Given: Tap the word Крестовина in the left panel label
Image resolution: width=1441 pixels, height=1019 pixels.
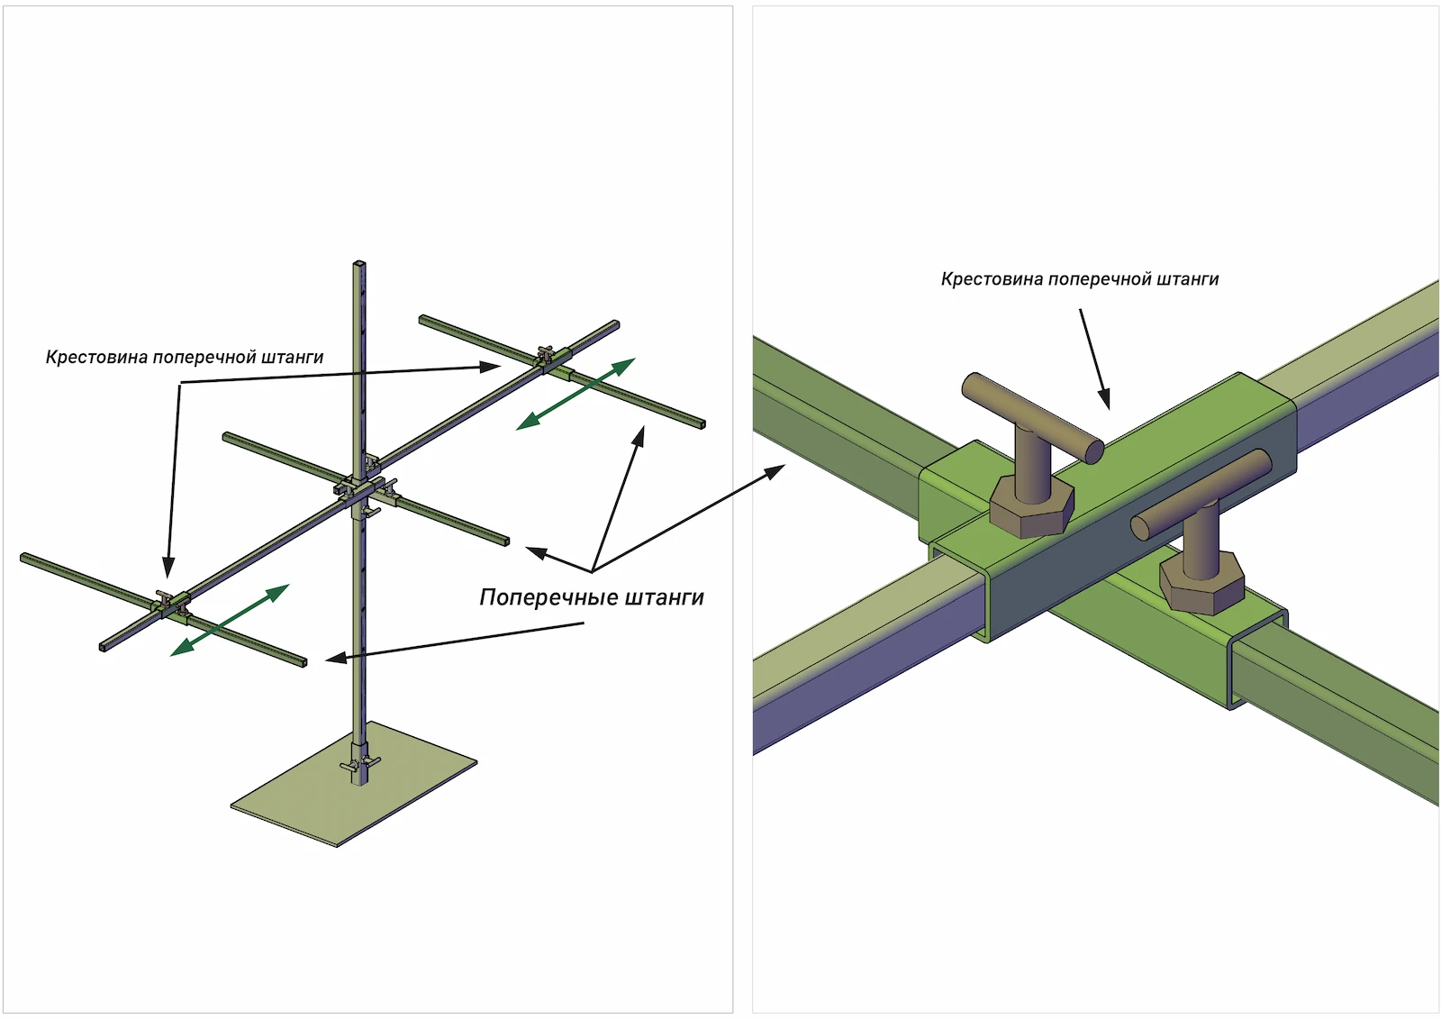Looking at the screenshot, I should (96, 358).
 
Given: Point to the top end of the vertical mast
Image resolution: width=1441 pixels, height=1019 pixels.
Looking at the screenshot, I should (359, 265).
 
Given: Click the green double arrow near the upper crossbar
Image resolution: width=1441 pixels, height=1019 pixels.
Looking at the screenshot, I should (575, 394).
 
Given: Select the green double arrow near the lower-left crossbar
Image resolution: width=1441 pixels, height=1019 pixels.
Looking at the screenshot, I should (231, 619).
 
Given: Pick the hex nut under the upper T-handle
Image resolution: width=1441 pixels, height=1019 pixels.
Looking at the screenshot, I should (1031, 508).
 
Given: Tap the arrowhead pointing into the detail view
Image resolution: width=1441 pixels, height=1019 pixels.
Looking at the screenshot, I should (775, 470).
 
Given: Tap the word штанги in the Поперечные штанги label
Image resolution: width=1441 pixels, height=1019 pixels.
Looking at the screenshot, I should (664, 597).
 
